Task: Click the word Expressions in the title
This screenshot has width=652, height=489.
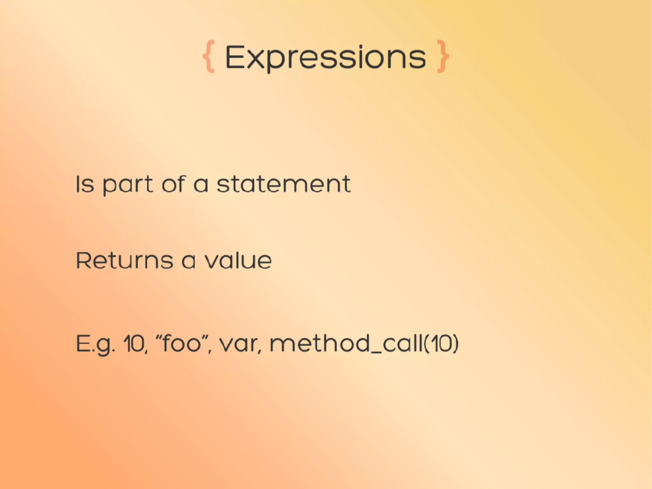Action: click(x=325, y=57)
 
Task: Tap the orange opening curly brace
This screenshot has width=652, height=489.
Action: click(x=209, y=56)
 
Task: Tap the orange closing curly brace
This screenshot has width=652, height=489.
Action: click(x=443, y=56)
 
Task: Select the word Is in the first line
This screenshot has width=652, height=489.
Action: click(x=85, y=184)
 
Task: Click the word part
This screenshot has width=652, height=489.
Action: click(x=128, y=185)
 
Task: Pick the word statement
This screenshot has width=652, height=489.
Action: click(x=284, y=184)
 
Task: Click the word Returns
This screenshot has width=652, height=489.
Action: click(x=124, y=261)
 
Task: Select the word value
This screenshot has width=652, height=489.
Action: click(x=238, y=261)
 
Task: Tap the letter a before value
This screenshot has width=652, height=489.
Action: click(x=188, y=261)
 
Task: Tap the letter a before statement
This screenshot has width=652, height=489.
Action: click(x=201, y=185)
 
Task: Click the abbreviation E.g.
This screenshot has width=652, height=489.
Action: click(x=95, y=344)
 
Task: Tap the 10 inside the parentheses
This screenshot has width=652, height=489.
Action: click(x=442, y=344)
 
